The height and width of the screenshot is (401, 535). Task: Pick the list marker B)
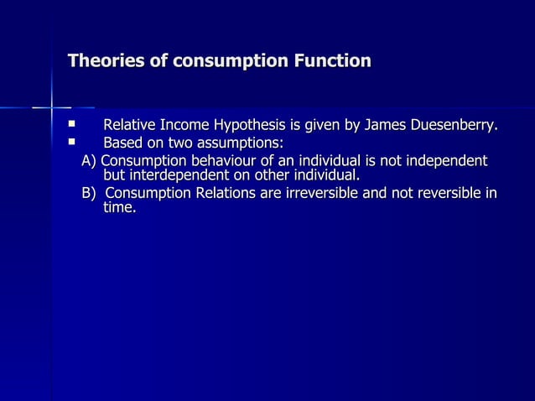[89, 194]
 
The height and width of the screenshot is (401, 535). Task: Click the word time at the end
[117, 208]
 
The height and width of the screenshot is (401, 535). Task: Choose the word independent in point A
[447, 160]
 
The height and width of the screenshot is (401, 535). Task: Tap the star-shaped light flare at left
[52, 107]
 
